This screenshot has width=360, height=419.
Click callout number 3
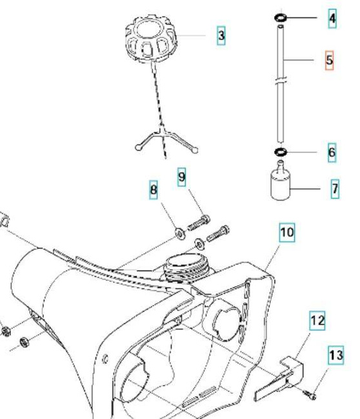221,36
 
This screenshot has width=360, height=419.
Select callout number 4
332,18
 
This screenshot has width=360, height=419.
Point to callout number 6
332,152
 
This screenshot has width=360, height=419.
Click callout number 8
154,191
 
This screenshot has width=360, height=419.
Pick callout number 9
182,175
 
